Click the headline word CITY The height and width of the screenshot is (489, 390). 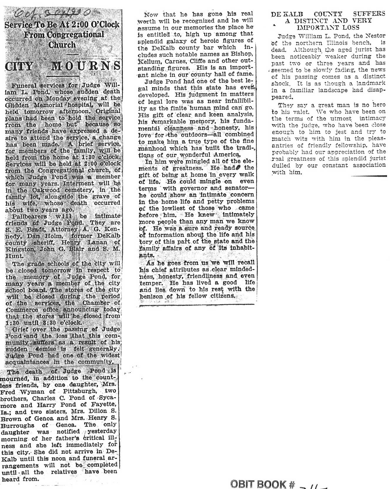[x=19, y=66]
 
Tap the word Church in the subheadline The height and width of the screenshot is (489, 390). [x=62, y=45]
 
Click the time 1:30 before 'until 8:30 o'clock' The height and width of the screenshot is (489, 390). [x=12, y=323]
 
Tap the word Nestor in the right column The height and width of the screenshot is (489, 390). [x=375, y=36]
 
